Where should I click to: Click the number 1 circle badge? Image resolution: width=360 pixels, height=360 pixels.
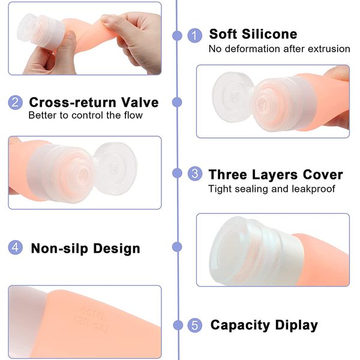click(194, 35)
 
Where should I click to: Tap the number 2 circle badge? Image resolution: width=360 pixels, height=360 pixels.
click(16, 103)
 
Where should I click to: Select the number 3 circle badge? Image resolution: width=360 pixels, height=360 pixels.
click(195, 173)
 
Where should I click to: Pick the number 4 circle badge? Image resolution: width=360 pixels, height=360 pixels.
click(16, 247)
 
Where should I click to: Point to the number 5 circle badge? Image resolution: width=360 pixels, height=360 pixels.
click(195, 325)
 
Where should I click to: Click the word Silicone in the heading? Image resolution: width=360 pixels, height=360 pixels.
click(269, 34)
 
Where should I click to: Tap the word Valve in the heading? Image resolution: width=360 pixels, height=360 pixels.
click(140, 102)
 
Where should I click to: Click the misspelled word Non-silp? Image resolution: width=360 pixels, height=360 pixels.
click(59, 248)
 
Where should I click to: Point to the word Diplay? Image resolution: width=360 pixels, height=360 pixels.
click(296, 326)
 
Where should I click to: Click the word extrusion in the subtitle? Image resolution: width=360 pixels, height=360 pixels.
click(329, 49)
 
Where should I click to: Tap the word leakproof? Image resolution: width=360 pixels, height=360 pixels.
click(313, 189)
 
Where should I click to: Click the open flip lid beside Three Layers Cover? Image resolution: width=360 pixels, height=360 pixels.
click(115, 169)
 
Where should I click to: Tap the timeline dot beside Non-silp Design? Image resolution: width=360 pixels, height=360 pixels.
click(177, 247)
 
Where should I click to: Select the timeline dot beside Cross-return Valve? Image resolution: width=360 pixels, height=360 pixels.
click(177, 102)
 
